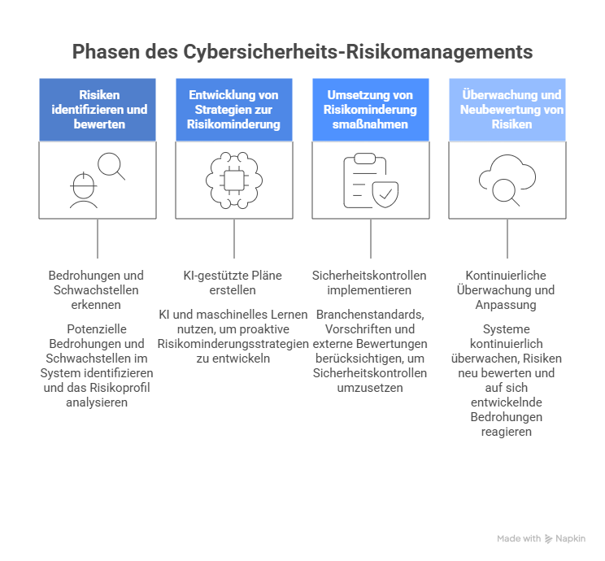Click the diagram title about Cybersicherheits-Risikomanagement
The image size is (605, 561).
click(302, 52)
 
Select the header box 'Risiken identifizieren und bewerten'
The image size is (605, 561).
click(98, 110)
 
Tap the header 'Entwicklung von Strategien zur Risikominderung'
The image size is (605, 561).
click(234, 110)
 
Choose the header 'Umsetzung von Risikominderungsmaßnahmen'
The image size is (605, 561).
click(371, 110)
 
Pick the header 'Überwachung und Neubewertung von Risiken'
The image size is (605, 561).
click(507, 110)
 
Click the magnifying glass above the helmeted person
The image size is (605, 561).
click(111, 166)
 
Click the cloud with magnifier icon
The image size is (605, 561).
click(507, 180)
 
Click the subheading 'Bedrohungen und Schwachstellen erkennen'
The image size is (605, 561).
click(98, 290)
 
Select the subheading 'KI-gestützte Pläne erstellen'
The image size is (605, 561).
click(234, 283)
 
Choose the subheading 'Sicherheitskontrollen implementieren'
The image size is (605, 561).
click(371, 283)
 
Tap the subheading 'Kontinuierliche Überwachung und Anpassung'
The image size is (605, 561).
click(507, 290)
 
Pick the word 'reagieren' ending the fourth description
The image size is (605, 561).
click(507, 432)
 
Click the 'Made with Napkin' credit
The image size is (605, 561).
click(541, 538)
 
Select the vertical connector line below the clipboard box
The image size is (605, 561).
click(371, 238)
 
